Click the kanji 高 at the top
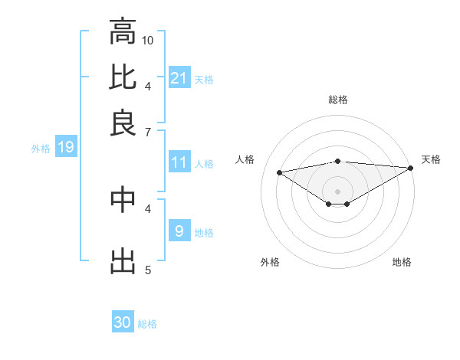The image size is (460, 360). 123,32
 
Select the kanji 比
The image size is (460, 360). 123,77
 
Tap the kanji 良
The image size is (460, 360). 123,123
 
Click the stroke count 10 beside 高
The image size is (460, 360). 148,40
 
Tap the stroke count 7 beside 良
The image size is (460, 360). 148,132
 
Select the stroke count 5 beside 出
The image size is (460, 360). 148,270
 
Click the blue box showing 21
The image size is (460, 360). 179,77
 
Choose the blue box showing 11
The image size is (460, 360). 179,162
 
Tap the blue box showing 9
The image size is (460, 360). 179,231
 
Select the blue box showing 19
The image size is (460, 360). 65,148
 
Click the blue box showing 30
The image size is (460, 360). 123,322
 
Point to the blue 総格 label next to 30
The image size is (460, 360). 147,324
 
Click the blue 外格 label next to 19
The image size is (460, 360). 40,149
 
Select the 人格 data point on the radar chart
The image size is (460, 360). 279,172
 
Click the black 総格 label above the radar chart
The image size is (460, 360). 338,100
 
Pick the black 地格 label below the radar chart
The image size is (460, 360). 402,262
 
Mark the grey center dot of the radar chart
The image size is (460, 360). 338,191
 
